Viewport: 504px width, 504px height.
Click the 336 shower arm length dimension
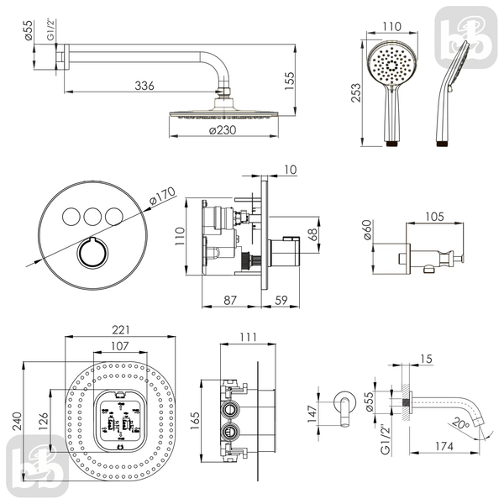(144, 86)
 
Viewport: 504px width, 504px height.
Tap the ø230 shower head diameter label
(223, 130)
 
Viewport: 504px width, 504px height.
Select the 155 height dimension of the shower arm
(290, 81)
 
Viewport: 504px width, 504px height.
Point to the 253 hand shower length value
(356, 92)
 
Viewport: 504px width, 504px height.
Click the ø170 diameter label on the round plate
(163, 196)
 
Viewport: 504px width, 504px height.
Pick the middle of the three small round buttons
(92, 217)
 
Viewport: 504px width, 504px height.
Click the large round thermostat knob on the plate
(92, 252)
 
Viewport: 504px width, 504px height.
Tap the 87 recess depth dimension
(230, 300)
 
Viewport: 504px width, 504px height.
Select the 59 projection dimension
(281, 300)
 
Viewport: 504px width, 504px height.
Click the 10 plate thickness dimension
(291, 170)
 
